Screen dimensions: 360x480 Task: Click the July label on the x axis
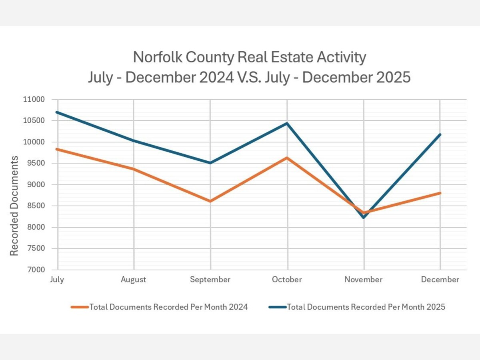[57, 280]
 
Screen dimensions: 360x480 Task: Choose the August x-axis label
[134, 280]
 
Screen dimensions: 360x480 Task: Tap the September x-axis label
[210, 280]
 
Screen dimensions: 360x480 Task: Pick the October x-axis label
[287, 280]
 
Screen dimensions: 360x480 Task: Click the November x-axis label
[364, 280]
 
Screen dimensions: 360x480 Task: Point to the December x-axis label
[440, 280]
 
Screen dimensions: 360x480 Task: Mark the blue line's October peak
[287, 123]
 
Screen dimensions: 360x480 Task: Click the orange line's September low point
[210, 201]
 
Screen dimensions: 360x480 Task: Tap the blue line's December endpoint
[440, 134]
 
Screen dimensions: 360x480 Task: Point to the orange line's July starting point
[57, 149]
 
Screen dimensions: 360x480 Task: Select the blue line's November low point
[364, 217]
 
